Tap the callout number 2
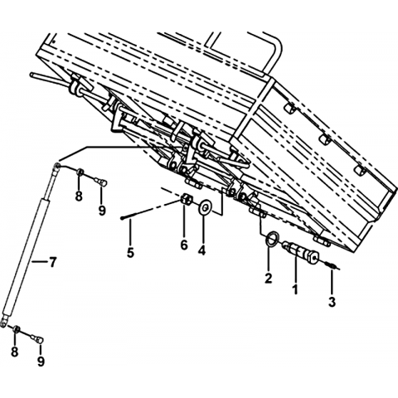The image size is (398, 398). click(x=268, y=278)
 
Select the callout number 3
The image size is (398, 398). click(x=332, y=302)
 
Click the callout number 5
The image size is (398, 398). click(x=130, y=252)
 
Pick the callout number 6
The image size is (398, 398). click(x=184, y=245)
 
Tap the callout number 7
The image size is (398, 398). click(x=52, y=262)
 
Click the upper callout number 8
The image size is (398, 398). click(x=79, y=197)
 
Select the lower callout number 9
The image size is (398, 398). click(x=41, y=361)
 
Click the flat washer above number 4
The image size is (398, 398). click(x=205, y=207)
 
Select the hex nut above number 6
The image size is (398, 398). click(x=187, y=199)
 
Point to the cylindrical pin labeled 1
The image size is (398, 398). click(x=300, y=251)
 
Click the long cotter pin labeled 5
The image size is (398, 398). click(x=151, y=211)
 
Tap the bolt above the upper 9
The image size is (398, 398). click(x=102, y=182)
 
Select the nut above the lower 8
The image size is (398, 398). click(x=16, y=328)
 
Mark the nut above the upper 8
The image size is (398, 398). click(x=80, y=172)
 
